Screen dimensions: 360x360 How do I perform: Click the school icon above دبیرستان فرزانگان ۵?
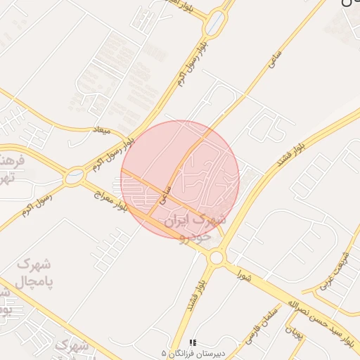coord(193,342)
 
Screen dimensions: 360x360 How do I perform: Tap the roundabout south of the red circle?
coord(216,258)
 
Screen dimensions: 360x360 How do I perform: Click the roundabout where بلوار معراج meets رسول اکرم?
coord(73,176)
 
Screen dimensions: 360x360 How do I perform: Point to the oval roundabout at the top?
coord(217,22)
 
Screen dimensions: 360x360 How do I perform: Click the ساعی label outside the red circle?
coord(274,59)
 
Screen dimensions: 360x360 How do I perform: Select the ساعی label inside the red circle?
coord(167,195)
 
